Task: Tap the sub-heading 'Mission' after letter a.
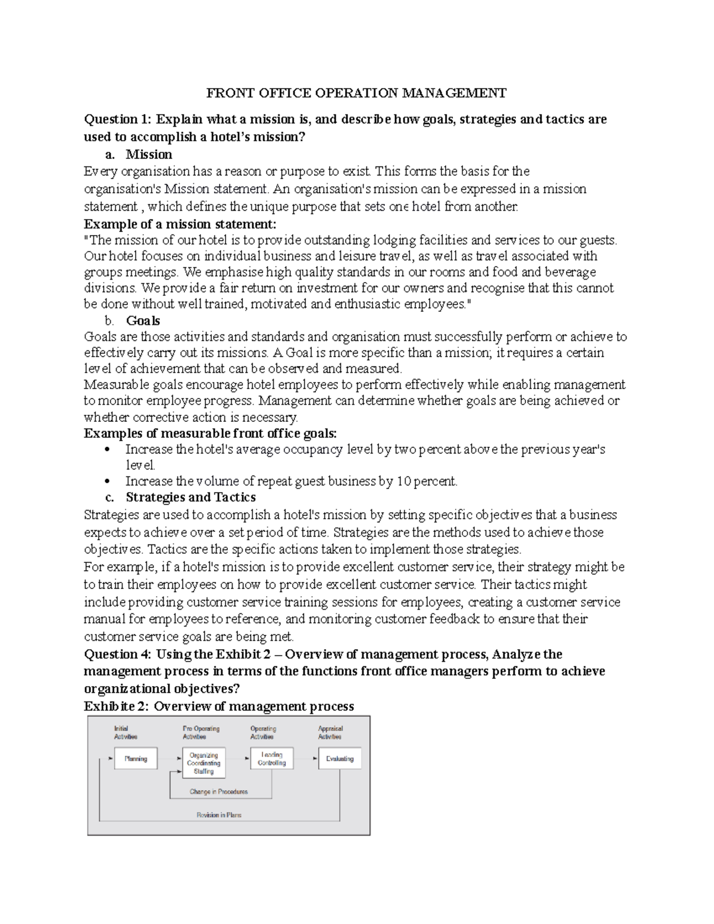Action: pos(149,155)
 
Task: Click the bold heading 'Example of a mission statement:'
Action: pos(180,224)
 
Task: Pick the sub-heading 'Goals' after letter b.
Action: pos(143,321)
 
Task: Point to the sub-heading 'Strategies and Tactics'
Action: pos(190,497)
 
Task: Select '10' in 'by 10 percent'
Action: pos(403,481)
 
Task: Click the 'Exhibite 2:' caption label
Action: pos(117,706)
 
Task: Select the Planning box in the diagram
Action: pos(136,759)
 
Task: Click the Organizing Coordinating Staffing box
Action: pos(203,763)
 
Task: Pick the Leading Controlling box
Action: pos(271,759)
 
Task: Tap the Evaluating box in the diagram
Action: pos(340,759)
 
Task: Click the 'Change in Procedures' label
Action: pos(218,792)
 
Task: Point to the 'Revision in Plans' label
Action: pos(219,815)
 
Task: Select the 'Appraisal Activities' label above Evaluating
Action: pos(330,732)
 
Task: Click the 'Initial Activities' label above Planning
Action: pos(125,732)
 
